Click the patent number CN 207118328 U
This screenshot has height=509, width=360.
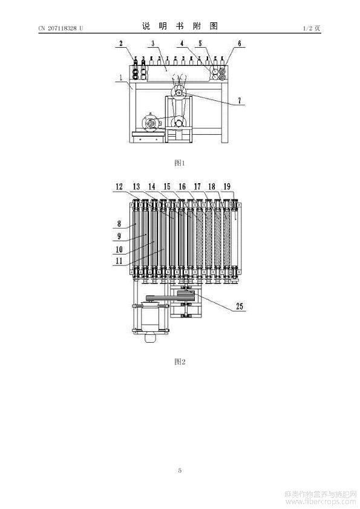[x=61, y=28]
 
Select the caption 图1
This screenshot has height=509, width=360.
[x=180, y=163]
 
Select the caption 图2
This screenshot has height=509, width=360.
[x=180, y=361]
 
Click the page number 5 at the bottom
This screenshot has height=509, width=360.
[x=180, y=470]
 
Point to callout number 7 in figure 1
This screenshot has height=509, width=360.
[x=240, y=100]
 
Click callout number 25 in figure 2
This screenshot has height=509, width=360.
[x=240, y=306]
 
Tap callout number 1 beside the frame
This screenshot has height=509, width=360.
[x=120, y=77]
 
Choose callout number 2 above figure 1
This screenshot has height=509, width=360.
[x=121, y=43]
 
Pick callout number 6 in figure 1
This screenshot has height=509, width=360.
[x=240, y=43]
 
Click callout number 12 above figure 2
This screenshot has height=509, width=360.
[x=119, y=186]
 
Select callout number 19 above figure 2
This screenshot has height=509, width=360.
[x=227, y=186]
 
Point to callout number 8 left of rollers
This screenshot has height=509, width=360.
[x=119, y=223]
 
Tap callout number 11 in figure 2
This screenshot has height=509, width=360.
[x=119, y=261]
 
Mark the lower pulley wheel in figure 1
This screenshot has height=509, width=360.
[x=178, y=123]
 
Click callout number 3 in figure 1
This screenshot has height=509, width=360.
[x=152, y=43]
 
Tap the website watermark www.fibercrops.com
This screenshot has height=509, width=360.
[x=320, y=502]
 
